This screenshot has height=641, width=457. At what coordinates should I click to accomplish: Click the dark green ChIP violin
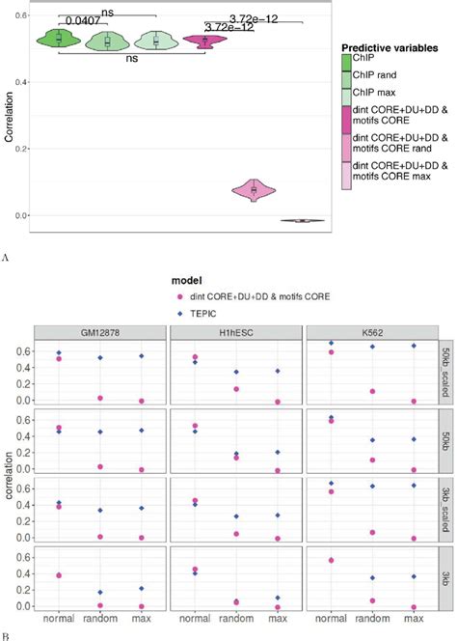coord(59,38)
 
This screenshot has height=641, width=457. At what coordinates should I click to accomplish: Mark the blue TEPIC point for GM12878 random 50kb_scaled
coord(99,358)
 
